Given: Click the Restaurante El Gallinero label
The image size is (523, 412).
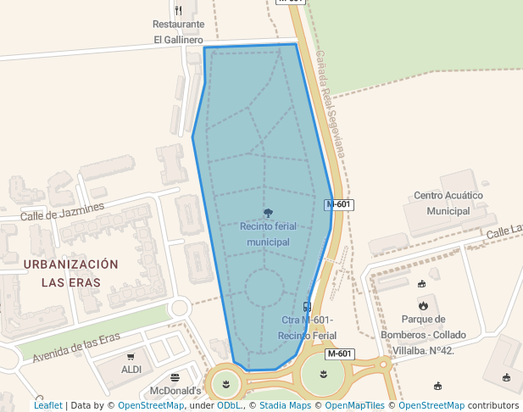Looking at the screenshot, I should point(178,32).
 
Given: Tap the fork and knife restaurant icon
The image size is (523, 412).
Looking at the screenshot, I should point(178,10).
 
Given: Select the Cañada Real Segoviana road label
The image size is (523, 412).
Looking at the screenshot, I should point(330,102).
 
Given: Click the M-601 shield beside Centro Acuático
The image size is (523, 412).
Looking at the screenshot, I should point(339,204).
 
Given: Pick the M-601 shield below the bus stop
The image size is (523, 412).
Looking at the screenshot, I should point(339,354).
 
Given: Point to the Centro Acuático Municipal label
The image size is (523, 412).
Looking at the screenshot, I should point(448,203).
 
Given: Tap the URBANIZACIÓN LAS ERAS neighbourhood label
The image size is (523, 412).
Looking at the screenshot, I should point(71,273).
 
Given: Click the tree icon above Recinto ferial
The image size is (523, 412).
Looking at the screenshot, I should point(268,214).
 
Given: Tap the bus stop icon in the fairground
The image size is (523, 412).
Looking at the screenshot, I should point(307,306).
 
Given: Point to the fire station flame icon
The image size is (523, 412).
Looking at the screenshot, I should point(423,305).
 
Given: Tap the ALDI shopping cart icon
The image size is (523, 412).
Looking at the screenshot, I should point(131,357).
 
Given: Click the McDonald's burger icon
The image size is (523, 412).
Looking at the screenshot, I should point(175,377).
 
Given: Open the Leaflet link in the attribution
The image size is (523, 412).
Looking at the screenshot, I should point(48,405).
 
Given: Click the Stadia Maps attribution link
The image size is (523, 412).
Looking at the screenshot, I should point(285,405).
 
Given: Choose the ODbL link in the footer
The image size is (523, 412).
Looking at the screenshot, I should point(229,405).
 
